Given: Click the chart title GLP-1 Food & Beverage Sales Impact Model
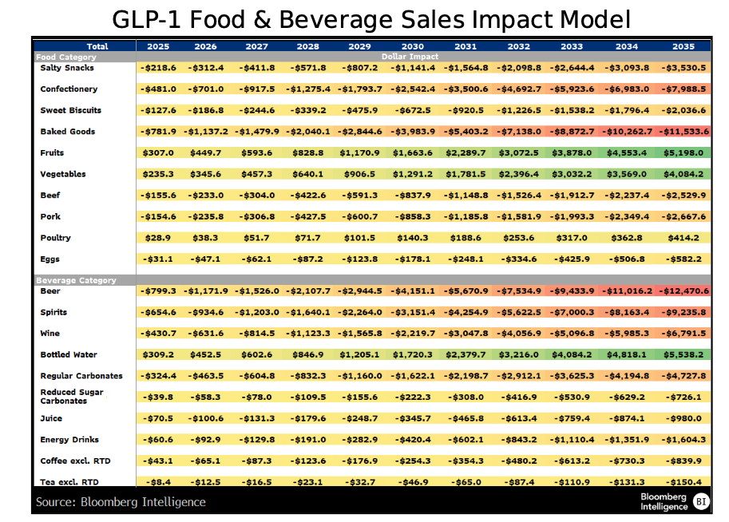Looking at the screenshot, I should pyautogui.click(x=371, y=18).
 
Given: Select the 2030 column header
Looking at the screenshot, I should pyautogui.click(x=412, y=47).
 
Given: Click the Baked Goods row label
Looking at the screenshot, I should pyautogui.click(x=68, y=132).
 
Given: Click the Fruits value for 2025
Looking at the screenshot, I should pyautogui.click(x=158, y=152).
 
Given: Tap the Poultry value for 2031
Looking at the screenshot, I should pyautogui.click(x=466, y=238).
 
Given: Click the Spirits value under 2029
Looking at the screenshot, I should pyautogui.click(x=360, y=313).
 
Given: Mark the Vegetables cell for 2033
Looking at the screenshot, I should pyautogui.click(x=572, y=174).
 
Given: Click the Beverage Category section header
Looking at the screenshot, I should pyautogui.click(x=76, y=280).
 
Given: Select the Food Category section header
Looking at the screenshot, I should pyautogui.click(x=66, y=57).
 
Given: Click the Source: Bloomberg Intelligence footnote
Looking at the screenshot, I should pyautogui.click(x=121, y=501).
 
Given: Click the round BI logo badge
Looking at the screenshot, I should pyautogui.click(x=700, y=501).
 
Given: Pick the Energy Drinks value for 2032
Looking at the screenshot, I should pyautogui.click(x=518, y=439).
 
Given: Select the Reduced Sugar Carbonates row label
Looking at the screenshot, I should pyautogui.click(x=72, y=397).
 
